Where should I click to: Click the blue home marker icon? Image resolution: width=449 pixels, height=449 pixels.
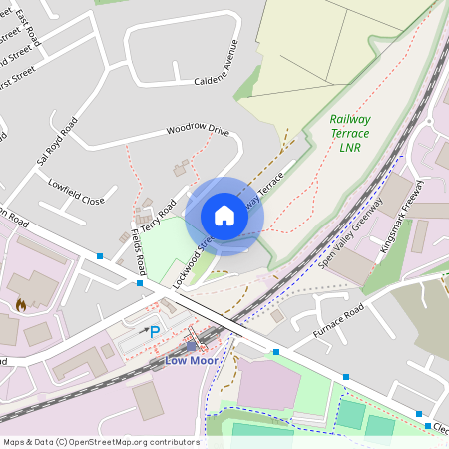pos(224,215)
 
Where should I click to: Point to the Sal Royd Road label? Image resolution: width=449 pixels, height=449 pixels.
pos(56,142)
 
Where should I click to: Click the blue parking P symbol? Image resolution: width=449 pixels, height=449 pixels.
pos(155,331)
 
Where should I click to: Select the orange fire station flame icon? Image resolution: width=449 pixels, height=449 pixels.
pos(21,304)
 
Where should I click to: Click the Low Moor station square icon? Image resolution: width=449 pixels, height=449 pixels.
pos(192,346)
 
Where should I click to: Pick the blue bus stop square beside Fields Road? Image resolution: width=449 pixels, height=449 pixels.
pos(139,283)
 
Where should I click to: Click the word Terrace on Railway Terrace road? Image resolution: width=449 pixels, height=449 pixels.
pos(271,188)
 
